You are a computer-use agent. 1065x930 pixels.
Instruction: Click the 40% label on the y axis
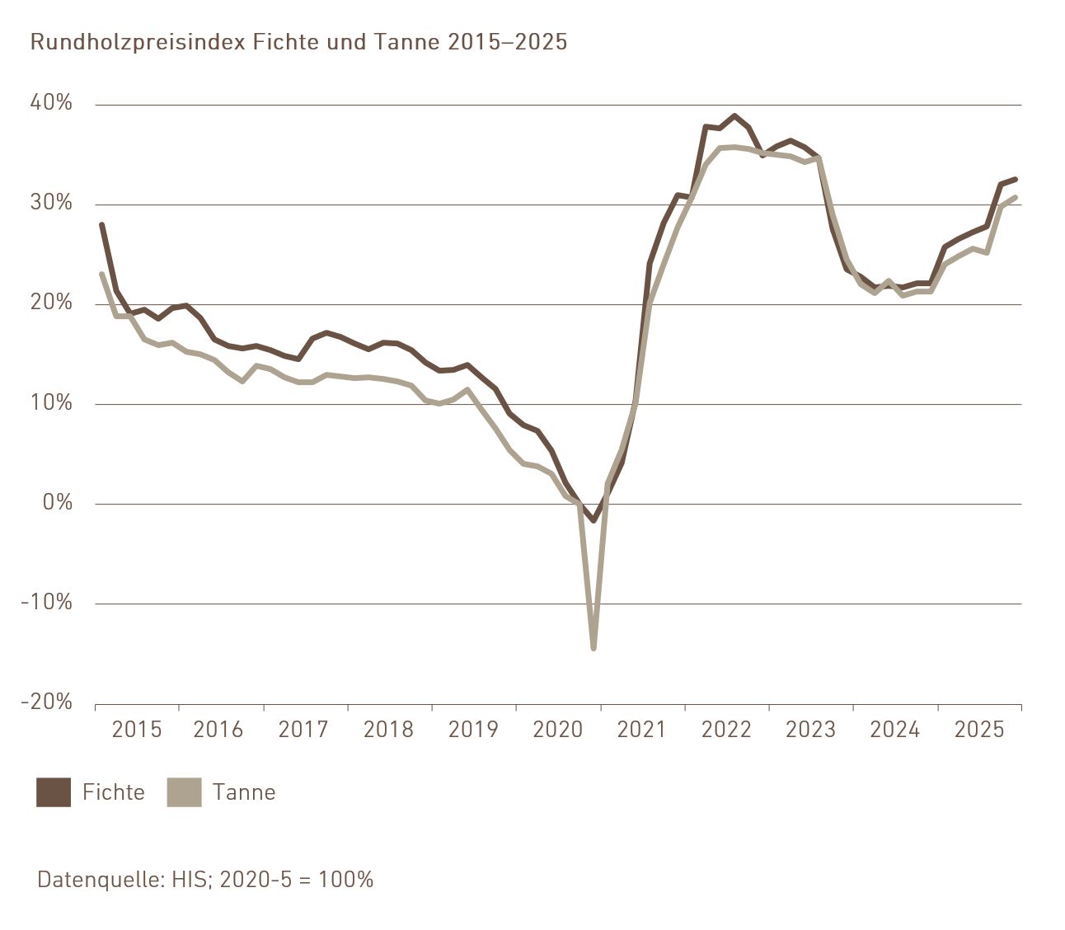(51, 103)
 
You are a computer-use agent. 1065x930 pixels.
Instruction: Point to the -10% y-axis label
(46, 602)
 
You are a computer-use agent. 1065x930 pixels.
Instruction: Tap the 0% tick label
(57, 502)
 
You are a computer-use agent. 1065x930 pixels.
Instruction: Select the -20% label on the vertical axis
(46, 702)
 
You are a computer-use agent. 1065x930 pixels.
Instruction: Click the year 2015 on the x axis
(137, 730)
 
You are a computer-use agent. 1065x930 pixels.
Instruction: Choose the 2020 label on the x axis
(558, 730)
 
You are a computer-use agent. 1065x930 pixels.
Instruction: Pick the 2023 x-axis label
(810, 730)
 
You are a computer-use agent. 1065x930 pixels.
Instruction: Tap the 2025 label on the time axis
(979, 730)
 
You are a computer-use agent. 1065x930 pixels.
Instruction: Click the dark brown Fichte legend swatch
(54, 792)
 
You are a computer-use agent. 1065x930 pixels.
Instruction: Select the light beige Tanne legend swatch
(184, 792)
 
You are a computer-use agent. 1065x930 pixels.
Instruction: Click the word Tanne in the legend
(244, 792)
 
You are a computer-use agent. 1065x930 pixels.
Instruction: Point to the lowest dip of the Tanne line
(593, 648)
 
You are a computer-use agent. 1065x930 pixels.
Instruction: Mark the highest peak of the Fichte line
(734, 116)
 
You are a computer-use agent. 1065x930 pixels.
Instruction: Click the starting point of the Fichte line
(101, 224)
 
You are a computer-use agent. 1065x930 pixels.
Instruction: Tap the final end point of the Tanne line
(1016, 197)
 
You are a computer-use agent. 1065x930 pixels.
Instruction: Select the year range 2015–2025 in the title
(508, 42)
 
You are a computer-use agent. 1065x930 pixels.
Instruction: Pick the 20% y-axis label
(51, 303)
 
